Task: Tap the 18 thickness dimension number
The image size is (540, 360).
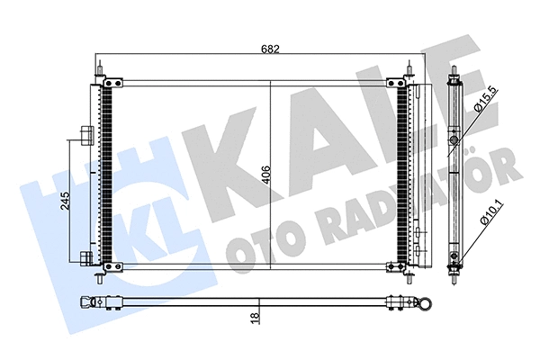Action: coord(256,318)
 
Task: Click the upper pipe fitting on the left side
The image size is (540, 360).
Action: coord(85,134)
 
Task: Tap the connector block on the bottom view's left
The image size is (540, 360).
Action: coord(94,301)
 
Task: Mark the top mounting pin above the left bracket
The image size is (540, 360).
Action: coord(105,69)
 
